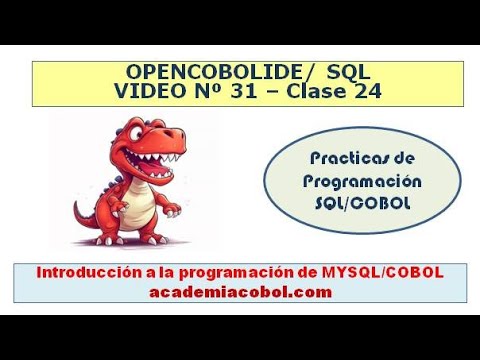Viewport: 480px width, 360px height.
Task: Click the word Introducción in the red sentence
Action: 82,273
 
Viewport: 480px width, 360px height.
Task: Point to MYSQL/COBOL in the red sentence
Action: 388,273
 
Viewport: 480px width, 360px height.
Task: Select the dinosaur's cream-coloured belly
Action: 142,203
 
